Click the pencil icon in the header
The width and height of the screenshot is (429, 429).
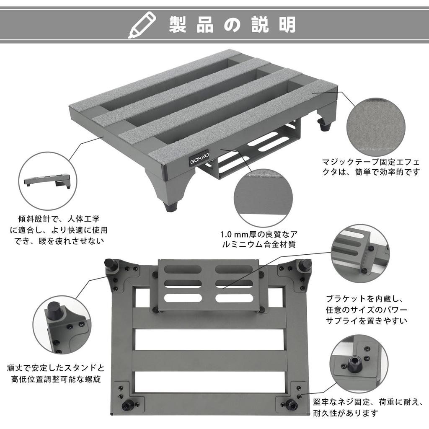pyautogui.click(x=142, y=25)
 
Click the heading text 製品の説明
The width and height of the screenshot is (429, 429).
pyautogui.click(x=233, y=25)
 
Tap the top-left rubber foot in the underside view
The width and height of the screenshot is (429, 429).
pyautogui.click(x=111, y=264)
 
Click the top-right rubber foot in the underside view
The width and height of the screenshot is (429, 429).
pyautogui.click(x=305, y=264)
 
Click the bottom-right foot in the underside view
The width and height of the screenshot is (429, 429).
pyautogui.click(x=290, y=405)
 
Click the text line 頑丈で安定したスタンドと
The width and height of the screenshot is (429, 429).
pyautogui.click(x=56, y=368)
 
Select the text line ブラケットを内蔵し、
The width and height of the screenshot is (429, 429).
pyautogui.click(x=364, y=299)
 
